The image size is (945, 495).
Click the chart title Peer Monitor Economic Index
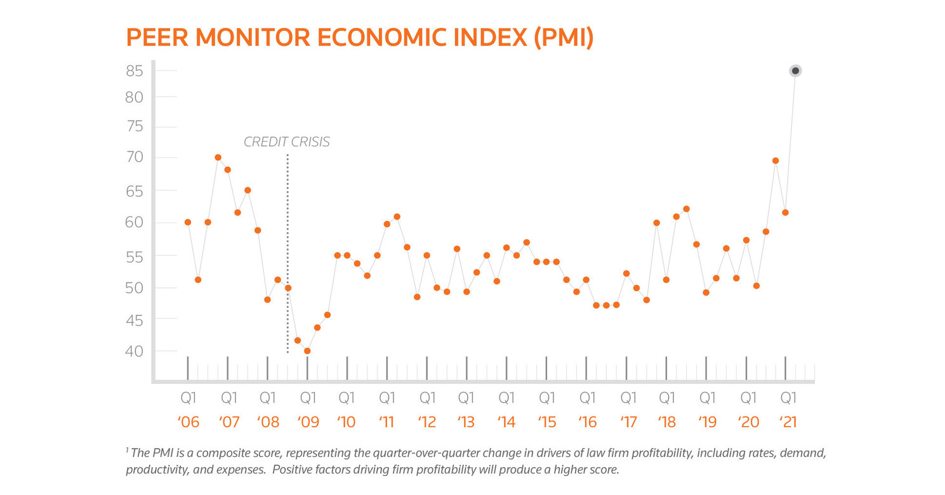[x=360, y=37]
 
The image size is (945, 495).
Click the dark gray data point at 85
[x=795, y=70]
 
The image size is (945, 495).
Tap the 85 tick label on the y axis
[x=134, y=70]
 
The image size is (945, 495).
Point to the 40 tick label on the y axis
[x=134, y=351]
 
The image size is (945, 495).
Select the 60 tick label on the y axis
[x=134, y=223]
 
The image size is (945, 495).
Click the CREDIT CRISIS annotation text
[x=287, y=142]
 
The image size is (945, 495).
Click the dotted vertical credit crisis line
[x=287, y=254]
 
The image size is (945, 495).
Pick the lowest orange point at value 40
[x=307, y=351]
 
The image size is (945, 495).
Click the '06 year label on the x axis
[x=189, y=422]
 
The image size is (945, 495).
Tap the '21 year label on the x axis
[x=788, y=422]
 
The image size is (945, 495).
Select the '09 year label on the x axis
[x=308, y=422]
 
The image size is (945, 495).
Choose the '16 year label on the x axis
[x=588, y=422]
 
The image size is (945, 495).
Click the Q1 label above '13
[x=466, y=399]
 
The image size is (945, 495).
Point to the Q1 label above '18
[x=667, y=399]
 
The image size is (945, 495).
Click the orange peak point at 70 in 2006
[x=218, y=157]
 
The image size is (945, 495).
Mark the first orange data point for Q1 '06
[x=188, y=222]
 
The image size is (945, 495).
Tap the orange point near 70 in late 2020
[x=776, y=161]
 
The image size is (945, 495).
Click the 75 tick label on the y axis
[x=134, y=127]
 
